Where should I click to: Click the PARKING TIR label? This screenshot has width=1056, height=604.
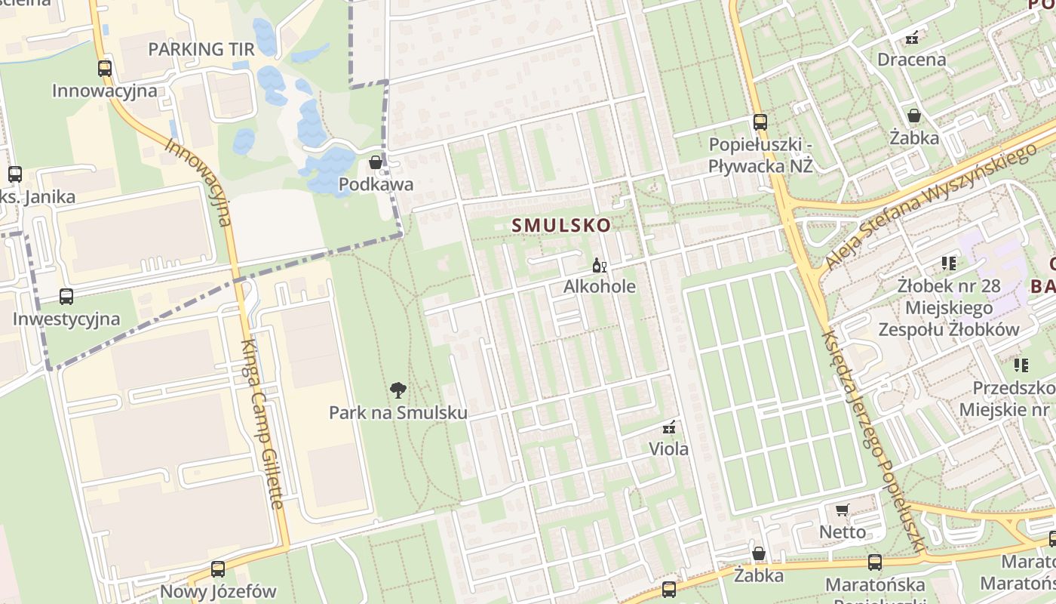(201, 50)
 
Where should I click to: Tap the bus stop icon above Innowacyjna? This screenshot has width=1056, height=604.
(105, 69)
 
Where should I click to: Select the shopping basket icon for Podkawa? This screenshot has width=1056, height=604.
(375, 162)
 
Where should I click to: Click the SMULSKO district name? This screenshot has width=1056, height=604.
(561, 225)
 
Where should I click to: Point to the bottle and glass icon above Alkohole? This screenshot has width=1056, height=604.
(600, 265)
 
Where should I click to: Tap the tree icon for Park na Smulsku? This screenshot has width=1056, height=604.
(398, 390)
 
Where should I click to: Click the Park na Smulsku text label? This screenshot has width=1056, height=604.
(398, 413)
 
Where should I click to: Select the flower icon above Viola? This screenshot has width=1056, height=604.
(668, 427)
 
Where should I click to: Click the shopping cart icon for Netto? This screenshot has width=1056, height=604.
(843, 510)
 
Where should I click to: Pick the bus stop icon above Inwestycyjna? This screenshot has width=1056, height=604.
(66, 297)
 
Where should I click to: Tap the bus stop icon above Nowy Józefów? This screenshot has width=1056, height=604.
(218, 569)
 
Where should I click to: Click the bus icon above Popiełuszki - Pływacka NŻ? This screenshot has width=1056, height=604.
(760, 122)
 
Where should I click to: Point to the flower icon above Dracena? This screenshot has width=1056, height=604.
(912, 37)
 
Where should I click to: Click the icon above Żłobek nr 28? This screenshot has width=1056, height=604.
(948, 263)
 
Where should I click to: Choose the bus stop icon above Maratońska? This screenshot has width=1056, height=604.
(875, 562)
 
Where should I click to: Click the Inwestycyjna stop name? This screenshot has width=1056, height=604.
(66, 319)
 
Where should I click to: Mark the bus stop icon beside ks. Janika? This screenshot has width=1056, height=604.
(14, 174)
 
